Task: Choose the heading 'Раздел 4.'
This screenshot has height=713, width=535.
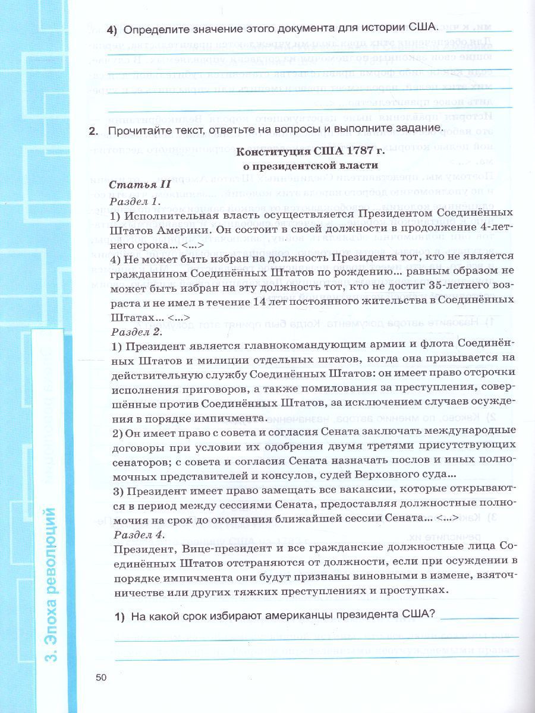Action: coord(136,535)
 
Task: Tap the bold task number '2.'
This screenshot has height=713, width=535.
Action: coord(93,128)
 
